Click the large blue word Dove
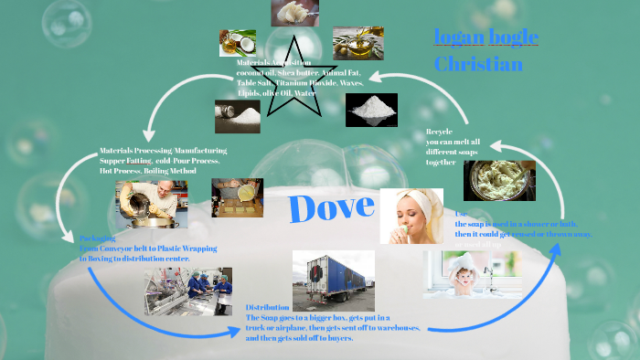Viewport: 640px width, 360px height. click(x=332, y=208)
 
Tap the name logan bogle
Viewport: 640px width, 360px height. click(x=485, y=37)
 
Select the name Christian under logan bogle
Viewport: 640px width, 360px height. click(x=478, y=65)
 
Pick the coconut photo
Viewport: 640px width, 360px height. click(x=237, y=42)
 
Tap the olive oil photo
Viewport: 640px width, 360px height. click(x=357, y=43)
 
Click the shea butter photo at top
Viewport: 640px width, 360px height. click(x=295, y=12)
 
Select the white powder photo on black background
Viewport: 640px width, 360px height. click(x=371, y=110)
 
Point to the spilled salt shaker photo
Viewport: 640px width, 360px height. click(x=237, y=116)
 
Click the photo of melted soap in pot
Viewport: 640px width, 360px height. click(x=499, y=180)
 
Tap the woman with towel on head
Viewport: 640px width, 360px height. click(x=411, y=216)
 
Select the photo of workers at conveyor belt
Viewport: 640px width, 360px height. click(x=188, y=291)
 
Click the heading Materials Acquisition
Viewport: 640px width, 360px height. click(x=274, y=62)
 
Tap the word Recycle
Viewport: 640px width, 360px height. click(x=439, y=132)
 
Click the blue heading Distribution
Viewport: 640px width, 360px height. click(x=268, y=307)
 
